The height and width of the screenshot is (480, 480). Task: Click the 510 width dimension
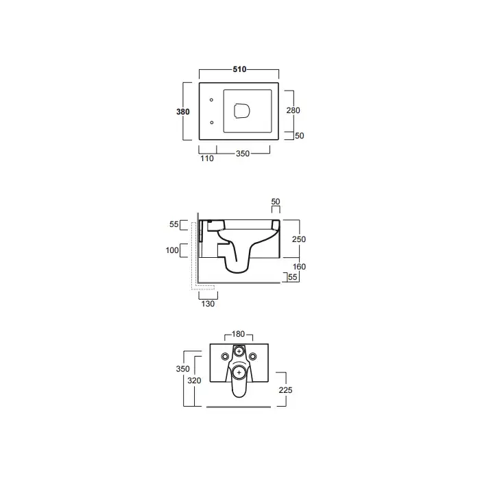(x=239, y=69)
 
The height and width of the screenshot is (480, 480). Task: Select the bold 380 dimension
(x=183, y=112)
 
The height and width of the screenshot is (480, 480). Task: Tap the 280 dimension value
(x=293, y=110)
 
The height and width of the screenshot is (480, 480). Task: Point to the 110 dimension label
(x=207, y=158)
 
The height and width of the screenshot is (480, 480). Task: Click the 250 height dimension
(x=299, y=239)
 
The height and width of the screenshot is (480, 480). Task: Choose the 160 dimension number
(x=299, y=267)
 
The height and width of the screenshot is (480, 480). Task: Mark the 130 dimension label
(x=208, y=304)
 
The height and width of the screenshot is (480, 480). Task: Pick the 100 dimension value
(x=172, y=250)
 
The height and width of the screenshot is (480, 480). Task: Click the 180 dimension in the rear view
(x=238, y=334)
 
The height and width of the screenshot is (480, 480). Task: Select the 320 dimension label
(x=194, y=381)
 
